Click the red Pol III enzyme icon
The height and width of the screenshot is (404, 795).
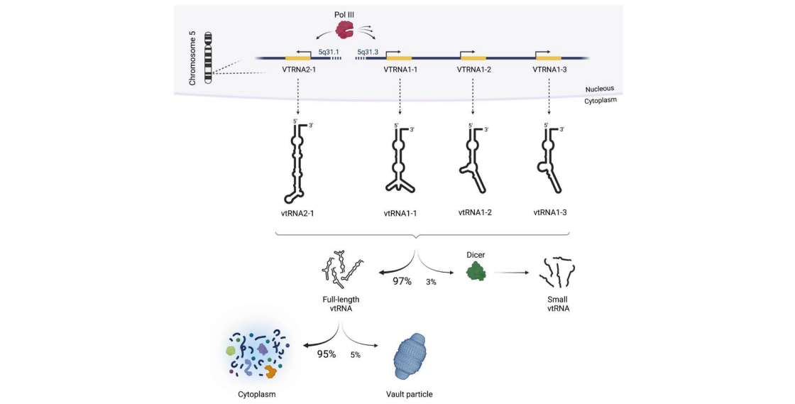346,30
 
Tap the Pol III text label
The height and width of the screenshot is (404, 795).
346,13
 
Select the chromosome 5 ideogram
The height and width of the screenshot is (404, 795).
209,58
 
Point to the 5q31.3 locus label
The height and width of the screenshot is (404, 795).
368,52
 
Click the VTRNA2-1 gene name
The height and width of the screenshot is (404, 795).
298,70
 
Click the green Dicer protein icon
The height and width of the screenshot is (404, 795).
476,271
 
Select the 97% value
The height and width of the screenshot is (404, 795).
402,281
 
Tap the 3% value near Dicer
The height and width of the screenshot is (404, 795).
432,283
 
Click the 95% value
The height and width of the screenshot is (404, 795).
327,353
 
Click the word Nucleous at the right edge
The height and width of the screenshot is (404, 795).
600,89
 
